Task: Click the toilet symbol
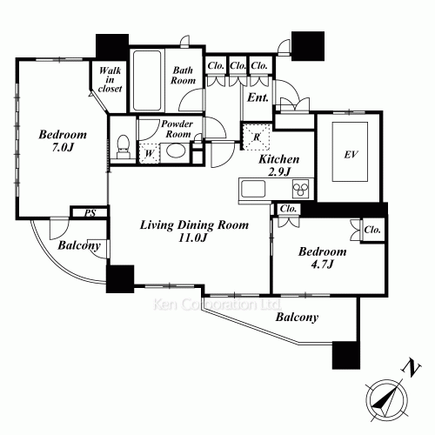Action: [x=124, y=146]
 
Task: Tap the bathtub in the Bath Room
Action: [x=147, y=80]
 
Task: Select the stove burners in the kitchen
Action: [x=301, y=189]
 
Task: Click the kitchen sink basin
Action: [x=253, y=189]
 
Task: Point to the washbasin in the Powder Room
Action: [x=176, y=151]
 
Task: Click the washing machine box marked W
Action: [x=149, y=153]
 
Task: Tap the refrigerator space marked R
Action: [x=257, y=137]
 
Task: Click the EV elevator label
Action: [x=351, y=155]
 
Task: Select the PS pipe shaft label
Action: [x=90, y=213]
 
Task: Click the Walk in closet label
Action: [x=110, y=79]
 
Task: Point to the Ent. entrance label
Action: [x=258, y=97]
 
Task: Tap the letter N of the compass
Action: [x=411, y=368]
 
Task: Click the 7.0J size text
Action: [x=63, y=148]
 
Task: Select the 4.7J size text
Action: [x=322, y=264]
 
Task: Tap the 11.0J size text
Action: [x=193, y=238]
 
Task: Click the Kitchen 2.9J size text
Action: [x=278, y=172]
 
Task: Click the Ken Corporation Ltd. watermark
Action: [x=217, y=304]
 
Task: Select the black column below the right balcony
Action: [x=346, y=355]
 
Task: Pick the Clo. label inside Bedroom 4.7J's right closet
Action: [x=372, y=230]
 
